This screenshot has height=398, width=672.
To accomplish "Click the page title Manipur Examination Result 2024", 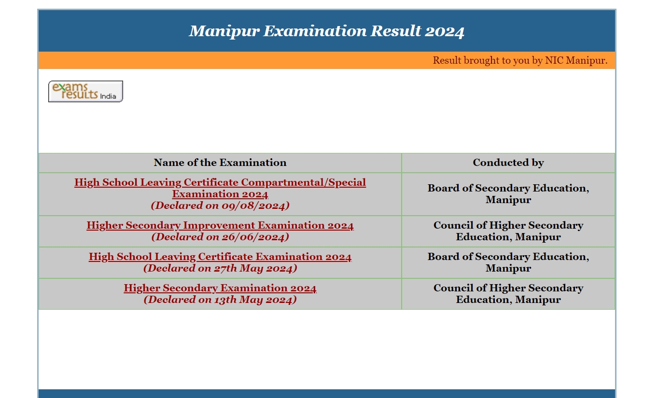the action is tap(326, 31).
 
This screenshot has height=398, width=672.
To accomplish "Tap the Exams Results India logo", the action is tap(85, 91).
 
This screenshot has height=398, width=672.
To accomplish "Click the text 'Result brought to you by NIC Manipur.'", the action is tap(520, 60).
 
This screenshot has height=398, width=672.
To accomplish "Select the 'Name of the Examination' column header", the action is tap(220, 163).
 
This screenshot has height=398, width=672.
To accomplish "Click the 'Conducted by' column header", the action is tap(508, 163).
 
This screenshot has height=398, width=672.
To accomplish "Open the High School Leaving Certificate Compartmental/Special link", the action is tap(220, 188).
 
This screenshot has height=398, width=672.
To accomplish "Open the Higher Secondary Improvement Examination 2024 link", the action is tap(220, 225).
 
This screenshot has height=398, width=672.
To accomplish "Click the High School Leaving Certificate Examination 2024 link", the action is tap(220, 257).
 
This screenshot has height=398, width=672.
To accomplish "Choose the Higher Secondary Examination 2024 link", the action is tap(220, 288).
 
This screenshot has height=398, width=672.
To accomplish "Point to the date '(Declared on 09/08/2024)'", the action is tap(220, 206).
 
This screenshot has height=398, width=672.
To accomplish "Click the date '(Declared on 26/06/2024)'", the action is tap(220, 237).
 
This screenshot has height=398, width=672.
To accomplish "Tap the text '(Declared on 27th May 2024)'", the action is tap(220, 268).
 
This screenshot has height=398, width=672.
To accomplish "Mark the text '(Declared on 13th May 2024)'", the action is tap(220, 300).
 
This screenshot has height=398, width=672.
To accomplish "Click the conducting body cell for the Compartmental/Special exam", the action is tap(508, 194).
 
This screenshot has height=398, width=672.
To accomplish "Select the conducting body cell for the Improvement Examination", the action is tap(508, 231).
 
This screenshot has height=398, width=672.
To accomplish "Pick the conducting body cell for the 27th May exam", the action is tap(508, 262).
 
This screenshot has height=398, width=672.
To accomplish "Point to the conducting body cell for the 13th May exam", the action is tap(508, 294).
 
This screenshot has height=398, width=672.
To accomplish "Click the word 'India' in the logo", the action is tap(108, 96).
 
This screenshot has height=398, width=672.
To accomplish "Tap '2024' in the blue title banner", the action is tap(445, 31).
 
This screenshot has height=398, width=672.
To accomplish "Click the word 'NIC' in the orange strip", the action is tap(554, 60).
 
